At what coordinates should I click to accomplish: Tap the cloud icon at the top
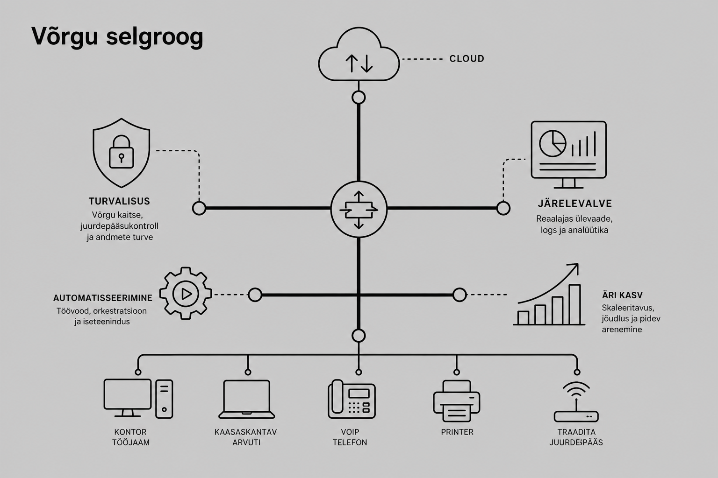pyautogui.click(x=359, y=54)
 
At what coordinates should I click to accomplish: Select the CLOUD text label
pyautogui.click(x=467, y=59)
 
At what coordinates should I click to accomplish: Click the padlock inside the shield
pyautogui.click(x=122, y=151)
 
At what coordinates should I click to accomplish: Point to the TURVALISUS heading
pyautogui.click(x=119, y=201)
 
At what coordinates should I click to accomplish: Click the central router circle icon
pyautogui.click(x=359, y=210)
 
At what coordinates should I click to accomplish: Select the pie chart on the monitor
pyautogui.click(x=553, y=143)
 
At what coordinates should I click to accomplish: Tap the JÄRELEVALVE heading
pyautogui.click(x=574, y=204)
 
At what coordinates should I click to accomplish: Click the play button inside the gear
pyautogui.click(x=186, y=294)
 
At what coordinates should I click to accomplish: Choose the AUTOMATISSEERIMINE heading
pyautogui.click(x=102, y=298)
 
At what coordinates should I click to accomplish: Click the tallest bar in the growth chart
pyautogui.click(x=574, y=304)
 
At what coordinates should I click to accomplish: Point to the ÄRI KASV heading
pyautogui.click(x=622, y=295)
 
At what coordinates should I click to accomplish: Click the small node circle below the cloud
pyautogui.click(x=359, y=98)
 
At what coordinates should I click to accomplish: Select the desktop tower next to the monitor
pyautogui.click(x=164, y=399)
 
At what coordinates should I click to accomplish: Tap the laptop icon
pyautogui.click(x=246, y=399)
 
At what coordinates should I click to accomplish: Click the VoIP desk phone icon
pyautogui.click(x=352, y=399)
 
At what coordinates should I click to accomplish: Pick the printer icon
pyautogui.click(x=456, y=401)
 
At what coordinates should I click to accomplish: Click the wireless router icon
pyautogui.click(x=576, y=401)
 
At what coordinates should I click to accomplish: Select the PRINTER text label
pyautogui.click(x=457, y=432)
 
